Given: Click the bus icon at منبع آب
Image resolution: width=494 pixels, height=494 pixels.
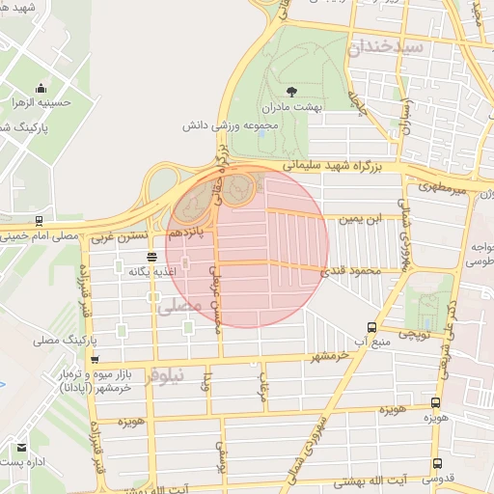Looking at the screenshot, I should point(372,326).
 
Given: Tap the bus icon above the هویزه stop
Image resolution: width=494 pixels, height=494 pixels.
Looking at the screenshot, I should point(435,402).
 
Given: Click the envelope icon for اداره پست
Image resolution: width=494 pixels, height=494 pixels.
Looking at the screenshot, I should point(20,449).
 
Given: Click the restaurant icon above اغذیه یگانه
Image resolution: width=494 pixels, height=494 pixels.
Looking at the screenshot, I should point(151,256).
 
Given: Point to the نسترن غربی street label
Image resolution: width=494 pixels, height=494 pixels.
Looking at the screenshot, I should point(127,234).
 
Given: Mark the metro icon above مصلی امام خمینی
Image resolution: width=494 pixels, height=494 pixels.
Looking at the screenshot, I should point(37,220).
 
